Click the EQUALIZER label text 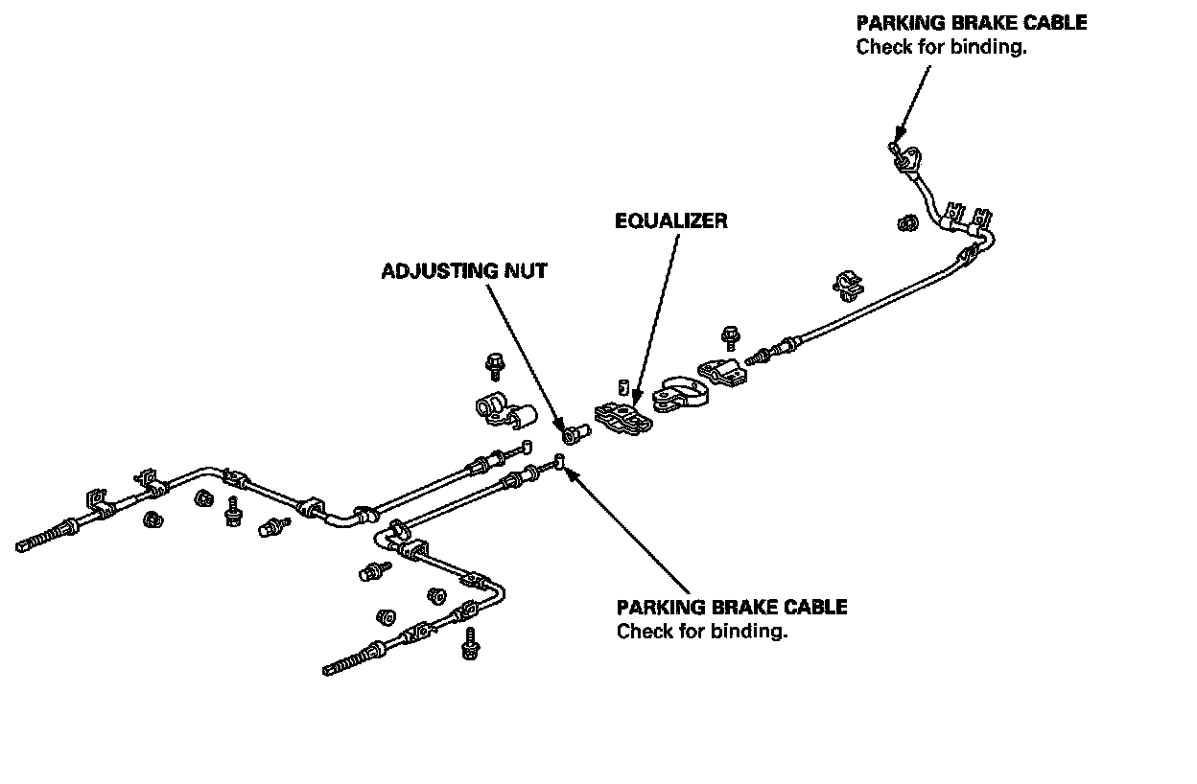point(670,221)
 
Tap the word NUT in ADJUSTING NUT point(528,271)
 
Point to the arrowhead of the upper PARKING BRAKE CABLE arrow point(897,138)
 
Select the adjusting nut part point(574,435)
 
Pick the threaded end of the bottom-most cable point(346,664)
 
